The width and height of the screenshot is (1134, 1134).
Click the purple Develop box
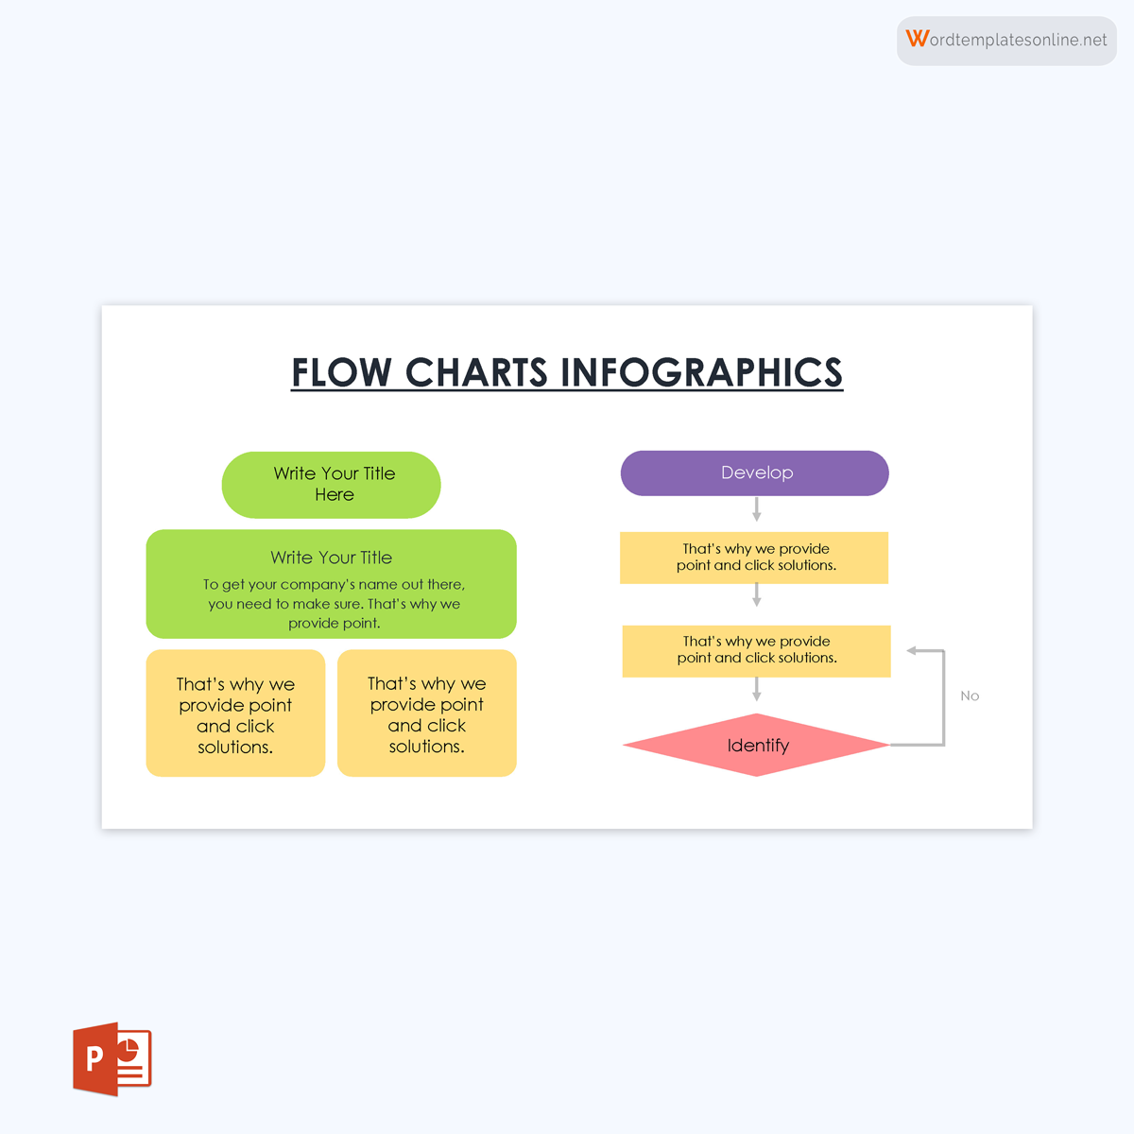[x=754, y=472]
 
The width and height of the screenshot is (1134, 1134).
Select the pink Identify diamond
[x=756, y=746]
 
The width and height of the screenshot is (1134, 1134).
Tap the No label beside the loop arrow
[x=970, y=696]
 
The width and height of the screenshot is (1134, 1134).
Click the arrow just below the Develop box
[x=756, y=509]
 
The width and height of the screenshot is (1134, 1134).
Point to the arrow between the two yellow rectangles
[x=756, y=595]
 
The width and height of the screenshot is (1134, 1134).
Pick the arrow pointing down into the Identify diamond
[x=756, y=690]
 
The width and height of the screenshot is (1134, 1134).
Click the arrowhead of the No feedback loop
[x=913, y=650]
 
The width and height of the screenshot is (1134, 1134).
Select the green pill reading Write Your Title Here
[x=331, y=484]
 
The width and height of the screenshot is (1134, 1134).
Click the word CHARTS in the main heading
[x=476, y=372]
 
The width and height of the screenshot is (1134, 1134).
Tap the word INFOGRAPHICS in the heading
[x=702, y=372]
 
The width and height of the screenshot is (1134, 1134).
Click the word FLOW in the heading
[x=340, y=372]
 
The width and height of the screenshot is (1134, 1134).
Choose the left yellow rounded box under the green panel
[x=235, y=713]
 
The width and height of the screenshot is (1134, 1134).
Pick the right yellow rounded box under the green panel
[x=427, y=713]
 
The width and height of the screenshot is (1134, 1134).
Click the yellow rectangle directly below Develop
[x=754, y=558]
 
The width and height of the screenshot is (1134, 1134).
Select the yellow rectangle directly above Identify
[x=756, y=650]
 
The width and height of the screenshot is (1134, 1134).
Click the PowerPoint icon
[x=112, y=1058]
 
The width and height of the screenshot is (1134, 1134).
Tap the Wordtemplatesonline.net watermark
[x=1007, y=40]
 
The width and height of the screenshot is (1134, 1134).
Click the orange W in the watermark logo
[x=917, y=39]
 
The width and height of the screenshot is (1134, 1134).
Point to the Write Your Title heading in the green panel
[x=331, y=558]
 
